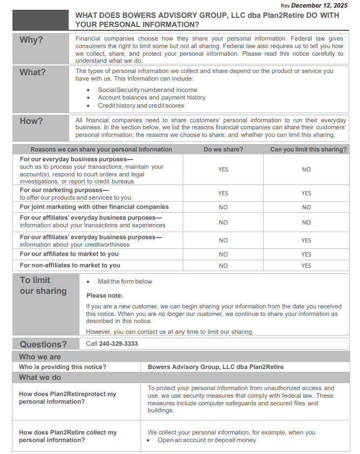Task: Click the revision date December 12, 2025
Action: point(319,5)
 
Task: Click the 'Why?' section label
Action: point(31,40)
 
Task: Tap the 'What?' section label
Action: point(32,72)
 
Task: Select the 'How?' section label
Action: point(31,121)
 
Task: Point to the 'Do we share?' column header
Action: point(223,149)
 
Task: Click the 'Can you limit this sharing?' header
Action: point(309,149)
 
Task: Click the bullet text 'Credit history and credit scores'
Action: point(141,106)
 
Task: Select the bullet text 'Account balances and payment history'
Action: point(151,97)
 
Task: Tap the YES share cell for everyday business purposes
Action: point(223,169)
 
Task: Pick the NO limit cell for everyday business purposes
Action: point(306,169)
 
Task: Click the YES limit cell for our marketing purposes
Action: point(306,193)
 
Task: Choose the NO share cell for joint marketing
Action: point(223,207)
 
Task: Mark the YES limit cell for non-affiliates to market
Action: point(306,266)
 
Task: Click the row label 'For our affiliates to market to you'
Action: point(69,254)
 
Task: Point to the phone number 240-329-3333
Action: point(118,344)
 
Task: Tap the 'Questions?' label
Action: point(43,344)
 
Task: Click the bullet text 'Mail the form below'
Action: point(125,281)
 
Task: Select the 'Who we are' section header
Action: point(40,357)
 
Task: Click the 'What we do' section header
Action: point(40,377)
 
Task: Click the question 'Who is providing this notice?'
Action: point(63,367)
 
